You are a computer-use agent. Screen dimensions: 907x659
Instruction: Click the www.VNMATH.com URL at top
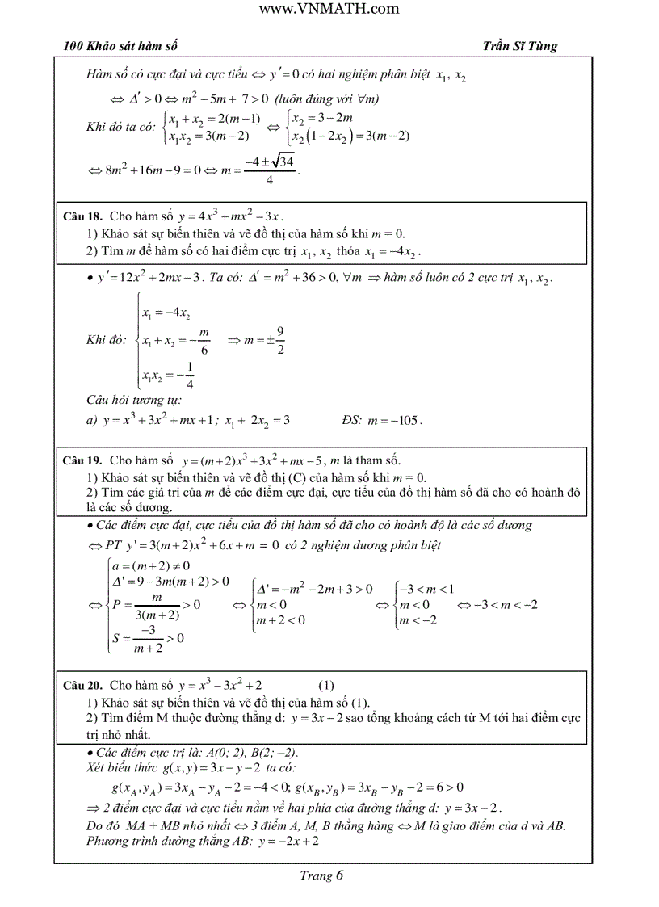[x=330, y=9]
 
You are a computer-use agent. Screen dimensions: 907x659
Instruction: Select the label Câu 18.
[x=82, y=217]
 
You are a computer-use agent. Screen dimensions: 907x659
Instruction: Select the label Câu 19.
[x=82, y=460]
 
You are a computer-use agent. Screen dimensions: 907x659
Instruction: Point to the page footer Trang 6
[x=321, y=876]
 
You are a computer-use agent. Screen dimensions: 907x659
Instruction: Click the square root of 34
[x=283, y=162]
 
